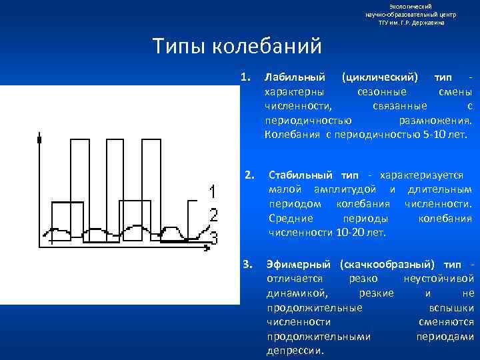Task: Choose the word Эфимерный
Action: [299, 264]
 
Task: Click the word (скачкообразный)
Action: [387, 264]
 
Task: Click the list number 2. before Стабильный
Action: [249, 175]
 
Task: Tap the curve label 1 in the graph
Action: [211, 193]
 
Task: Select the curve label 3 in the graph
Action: [213, 236]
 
